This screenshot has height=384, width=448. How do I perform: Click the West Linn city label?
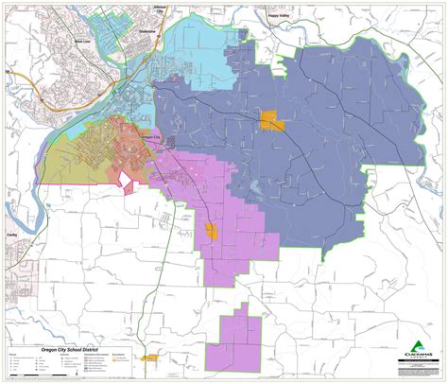(x=82, y=43)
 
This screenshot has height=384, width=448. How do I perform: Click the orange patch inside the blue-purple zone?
(x=272, y=120)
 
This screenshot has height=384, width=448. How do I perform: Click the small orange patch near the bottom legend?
(x=148, y=358)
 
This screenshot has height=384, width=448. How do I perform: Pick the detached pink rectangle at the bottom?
(x=239, y=340)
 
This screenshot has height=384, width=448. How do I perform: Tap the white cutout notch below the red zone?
(x=125, y=180)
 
